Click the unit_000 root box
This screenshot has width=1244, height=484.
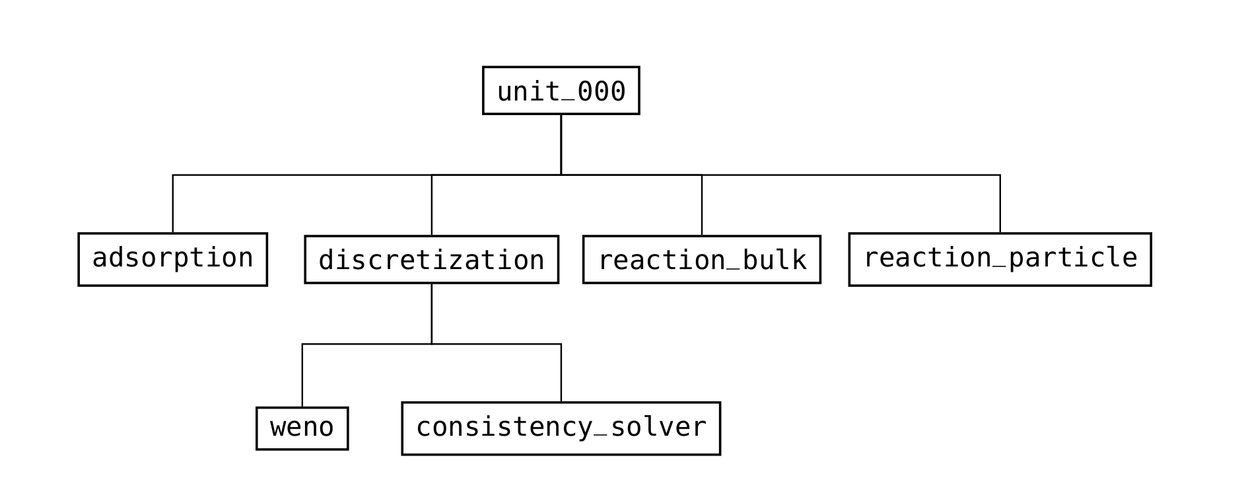561,91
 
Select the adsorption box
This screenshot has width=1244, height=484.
172,259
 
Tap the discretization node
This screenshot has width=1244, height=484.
431,259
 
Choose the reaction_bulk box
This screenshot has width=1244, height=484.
701,259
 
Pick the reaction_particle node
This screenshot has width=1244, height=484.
1000,259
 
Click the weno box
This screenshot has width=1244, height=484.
302,428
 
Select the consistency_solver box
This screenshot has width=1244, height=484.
561,428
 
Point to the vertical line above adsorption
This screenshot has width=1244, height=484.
173,204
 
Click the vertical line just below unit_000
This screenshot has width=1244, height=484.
561,144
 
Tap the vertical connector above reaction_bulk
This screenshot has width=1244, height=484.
701,205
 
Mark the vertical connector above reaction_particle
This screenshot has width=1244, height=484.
1000,204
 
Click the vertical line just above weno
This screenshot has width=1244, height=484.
302,376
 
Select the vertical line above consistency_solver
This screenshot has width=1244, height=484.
561,373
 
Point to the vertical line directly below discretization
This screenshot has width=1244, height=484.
432,313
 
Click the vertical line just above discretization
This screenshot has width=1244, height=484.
432,205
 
